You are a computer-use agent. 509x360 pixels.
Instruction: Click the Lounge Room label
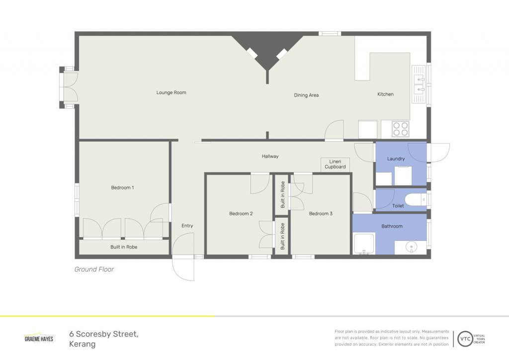pyautogui.click(x=171, y=92)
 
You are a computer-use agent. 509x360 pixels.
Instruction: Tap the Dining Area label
pyautogui.click(x=306, y=95)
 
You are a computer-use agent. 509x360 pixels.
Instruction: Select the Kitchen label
pyautogui.click(x=385, y=94)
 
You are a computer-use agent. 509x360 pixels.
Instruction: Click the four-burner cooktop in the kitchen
pyautogui.click(x=401, y=129)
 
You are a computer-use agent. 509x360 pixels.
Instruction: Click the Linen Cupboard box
pyautogui.click(x=335, y=165)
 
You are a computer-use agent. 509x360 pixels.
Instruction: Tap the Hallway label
pyautogui.click(x=270, y=157)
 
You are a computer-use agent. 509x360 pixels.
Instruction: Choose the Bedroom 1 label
pyautogui.click(x=122, y=187)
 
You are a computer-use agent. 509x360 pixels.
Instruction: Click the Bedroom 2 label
pyautogui.click(x=241, y=214)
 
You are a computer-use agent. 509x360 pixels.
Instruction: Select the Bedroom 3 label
pyautogui.click(x=321, y=214)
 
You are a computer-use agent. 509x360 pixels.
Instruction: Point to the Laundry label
pyautogui.click(x=396, y=159)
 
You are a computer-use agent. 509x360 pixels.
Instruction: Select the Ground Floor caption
pyautogui.click(x=94, y=269)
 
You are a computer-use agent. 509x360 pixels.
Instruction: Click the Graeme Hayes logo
pyautogui.click(x=39, y=338)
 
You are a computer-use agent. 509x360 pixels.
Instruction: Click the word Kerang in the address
pyautogui.click(x=83, y=344)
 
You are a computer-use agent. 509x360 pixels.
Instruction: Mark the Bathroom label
pyautogui.click(x=392, y=226)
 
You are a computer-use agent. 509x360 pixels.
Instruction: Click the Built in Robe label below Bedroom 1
pyautogui.click(x=124, y=247)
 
